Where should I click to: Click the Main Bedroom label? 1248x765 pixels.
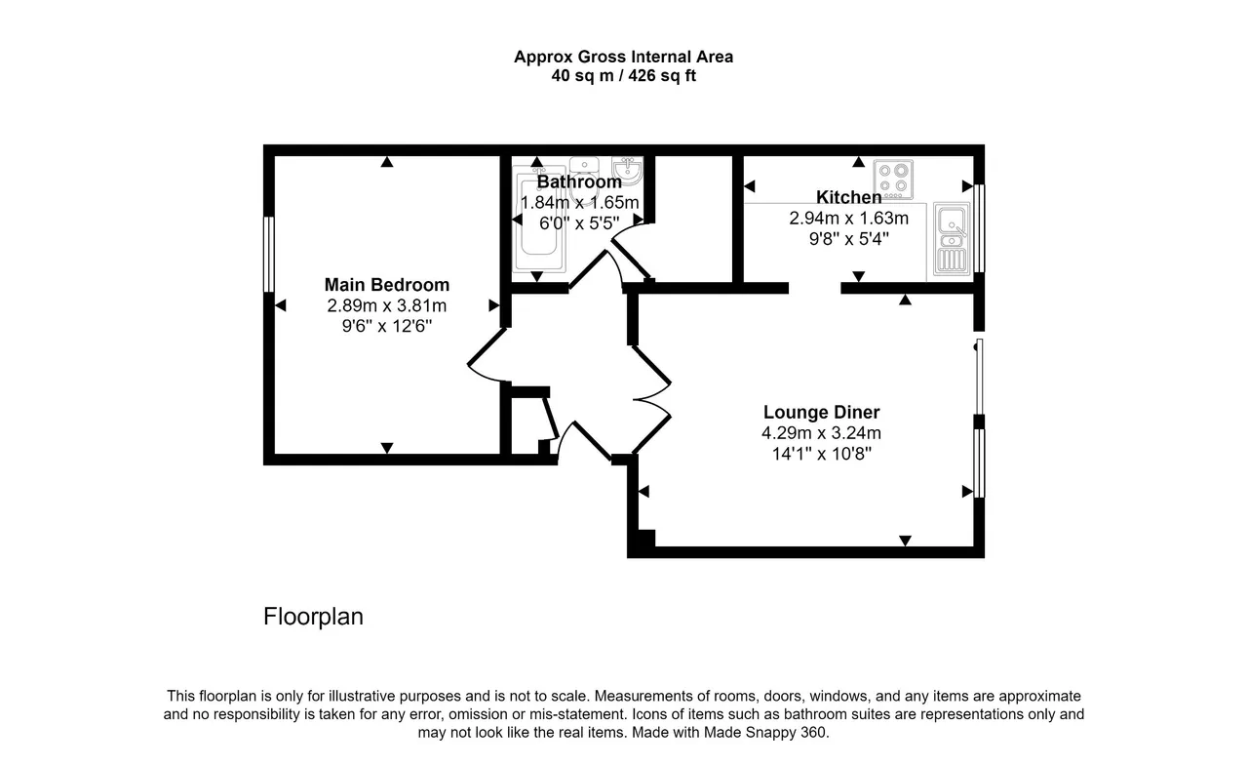coord(387,285)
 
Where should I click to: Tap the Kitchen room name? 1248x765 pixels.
coord(848,197)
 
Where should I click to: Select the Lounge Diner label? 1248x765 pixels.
coord(821,412)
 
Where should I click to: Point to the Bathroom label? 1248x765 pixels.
coord(579,181)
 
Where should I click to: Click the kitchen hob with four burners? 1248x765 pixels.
coord(893,179)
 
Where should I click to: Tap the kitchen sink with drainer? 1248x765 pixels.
coord(952,239)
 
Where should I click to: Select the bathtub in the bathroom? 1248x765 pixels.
coord(539,222)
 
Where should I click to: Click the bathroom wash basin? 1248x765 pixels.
coord(627,170)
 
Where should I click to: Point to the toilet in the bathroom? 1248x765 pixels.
coord(584,180)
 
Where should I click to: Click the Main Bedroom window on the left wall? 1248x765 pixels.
coord(268,255)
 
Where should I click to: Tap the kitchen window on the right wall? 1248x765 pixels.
coord(980,228)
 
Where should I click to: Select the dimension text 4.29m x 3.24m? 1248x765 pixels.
coord(821,432)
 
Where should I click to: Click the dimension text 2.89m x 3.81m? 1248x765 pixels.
coord(387,305)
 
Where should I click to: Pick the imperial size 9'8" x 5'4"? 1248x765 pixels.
coord(848,239)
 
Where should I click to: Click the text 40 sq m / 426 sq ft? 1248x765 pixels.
coord(623,75)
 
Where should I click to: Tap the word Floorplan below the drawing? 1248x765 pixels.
coord(313,617)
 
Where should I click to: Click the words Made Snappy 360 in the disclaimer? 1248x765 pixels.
coord(765,732)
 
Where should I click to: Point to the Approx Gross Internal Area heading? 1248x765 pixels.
coord(623,57)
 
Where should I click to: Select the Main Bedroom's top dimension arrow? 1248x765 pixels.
coord(387,162)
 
